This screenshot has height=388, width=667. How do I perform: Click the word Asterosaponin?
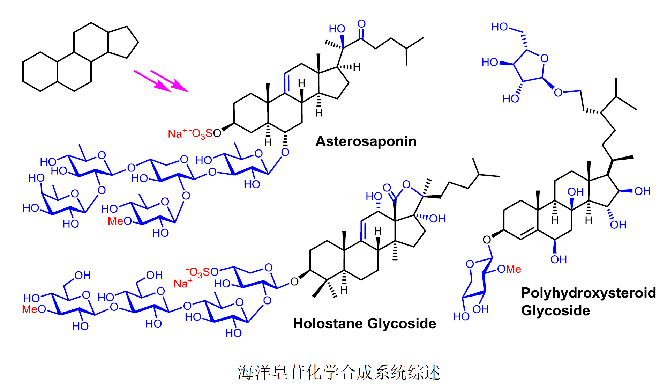pyautogui.click(x=366, y=141)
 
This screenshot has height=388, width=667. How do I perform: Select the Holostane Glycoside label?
pyautogui.click(x=365, y=324)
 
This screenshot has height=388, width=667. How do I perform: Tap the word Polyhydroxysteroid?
pyautogui.click(x=588, y=293)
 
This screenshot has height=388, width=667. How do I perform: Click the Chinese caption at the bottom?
pyautogui.click(x=339, y=372)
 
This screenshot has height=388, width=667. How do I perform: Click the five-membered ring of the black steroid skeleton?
pyautogui.click(x=122, y=42)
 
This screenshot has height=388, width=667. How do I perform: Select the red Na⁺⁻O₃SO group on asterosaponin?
pyautogui.click(x=194, y=133)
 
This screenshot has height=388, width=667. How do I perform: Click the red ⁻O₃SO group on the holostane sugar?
pyautogui.click(x=202, y=272)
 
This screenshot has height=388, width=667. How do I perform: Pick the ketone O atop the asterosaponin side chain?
pyautogui.click(x=361, y=24)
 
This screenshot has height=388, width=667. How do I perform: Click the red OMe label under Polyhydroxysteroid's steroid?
pyautogui.click(x=509, y=269)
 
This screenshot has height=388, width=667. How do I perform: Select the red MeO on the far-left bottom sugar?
pyautogui.click(x=34, y=309)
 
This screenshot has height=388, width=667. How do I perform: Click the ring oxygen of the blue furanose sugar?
pyautogui.click(x=544, y=58)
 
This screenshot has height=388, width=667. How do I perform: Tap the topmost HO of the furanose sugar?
pyautogui.click(x=499, y=27)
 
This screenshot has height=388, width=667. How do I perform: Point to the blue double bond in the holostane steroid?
pyautogui.click(x=363, y=230)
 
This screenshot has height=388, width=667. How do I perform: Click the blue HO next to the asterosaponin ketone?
pyautogui.click(x=337, y=29)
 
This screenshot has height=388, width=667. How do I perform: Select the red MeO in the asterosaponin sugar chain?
pyautogui.click(x=119, y=221)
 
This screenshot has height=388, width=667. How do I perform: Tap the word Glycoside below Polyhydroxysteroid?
pyautogui.click(x=555, y=311)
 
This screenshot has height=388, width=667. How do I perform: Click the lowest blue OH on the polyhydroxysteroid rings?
pyautogui.click(x=559, y=259)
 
